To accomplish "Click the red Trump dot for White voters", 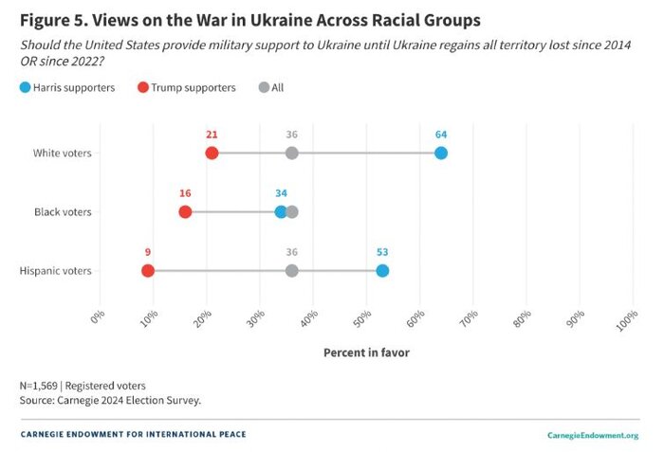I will pos(212,154).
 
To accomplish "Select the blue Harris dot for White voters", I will pos(441,154).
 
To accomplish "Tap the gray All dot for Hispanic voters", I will pos(292,271).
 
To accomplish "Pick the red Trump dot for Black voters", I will pos(185,211).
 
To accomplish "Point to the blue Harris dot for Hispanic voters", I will pos(382,271).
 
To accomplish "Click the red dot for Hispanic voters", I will pos(148,271).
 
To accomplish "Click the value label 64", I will pos(441,135).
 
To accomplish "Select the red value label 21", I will pos(212,135).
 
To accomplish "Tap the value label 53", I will pos(382,252).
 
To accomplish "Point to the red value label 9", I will pos(148,252).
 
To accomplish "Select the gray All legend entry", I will pos(272,88).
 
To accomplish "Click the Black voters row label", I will pos(63,211).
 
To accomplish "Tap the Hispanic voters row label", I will pos(56,271).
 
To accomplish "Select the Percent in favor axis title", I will pos(366,353).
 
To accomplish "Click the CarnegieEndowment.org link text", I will pos(593,435).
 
